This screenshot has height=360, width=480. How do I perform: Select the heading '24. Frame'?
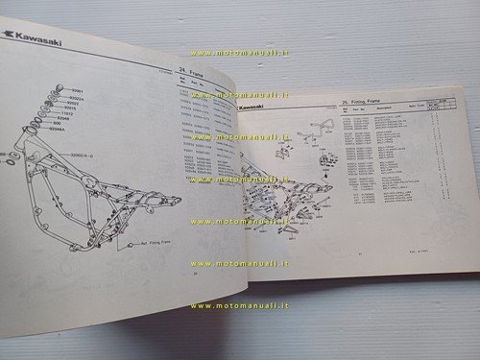point(196,73)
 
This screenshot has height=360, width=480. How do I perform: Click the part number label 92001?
point(79,89)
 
